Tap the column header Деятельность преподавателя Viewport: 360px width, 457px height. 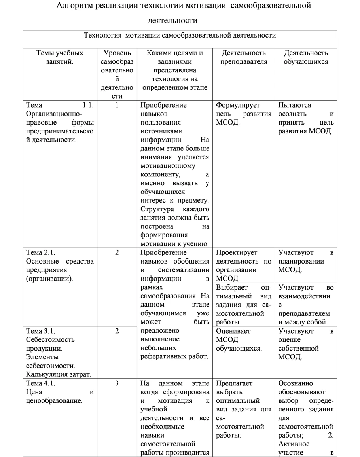tap(244, 57)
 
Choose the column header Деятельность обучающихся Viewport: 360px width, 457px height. tap(306, 57)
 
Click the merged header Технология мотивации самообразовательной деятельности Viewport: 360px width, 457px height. tap(180, 35)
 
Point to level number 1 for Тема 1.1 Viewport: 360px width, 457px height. tap(117, 105)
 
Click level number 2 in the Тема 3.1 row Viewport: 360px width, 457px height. tap(117, 331)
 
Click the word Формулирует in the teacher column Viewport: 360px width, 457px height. tap(237, 105)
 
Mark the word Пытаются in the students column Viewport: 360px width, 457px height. tap(294, 105)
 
